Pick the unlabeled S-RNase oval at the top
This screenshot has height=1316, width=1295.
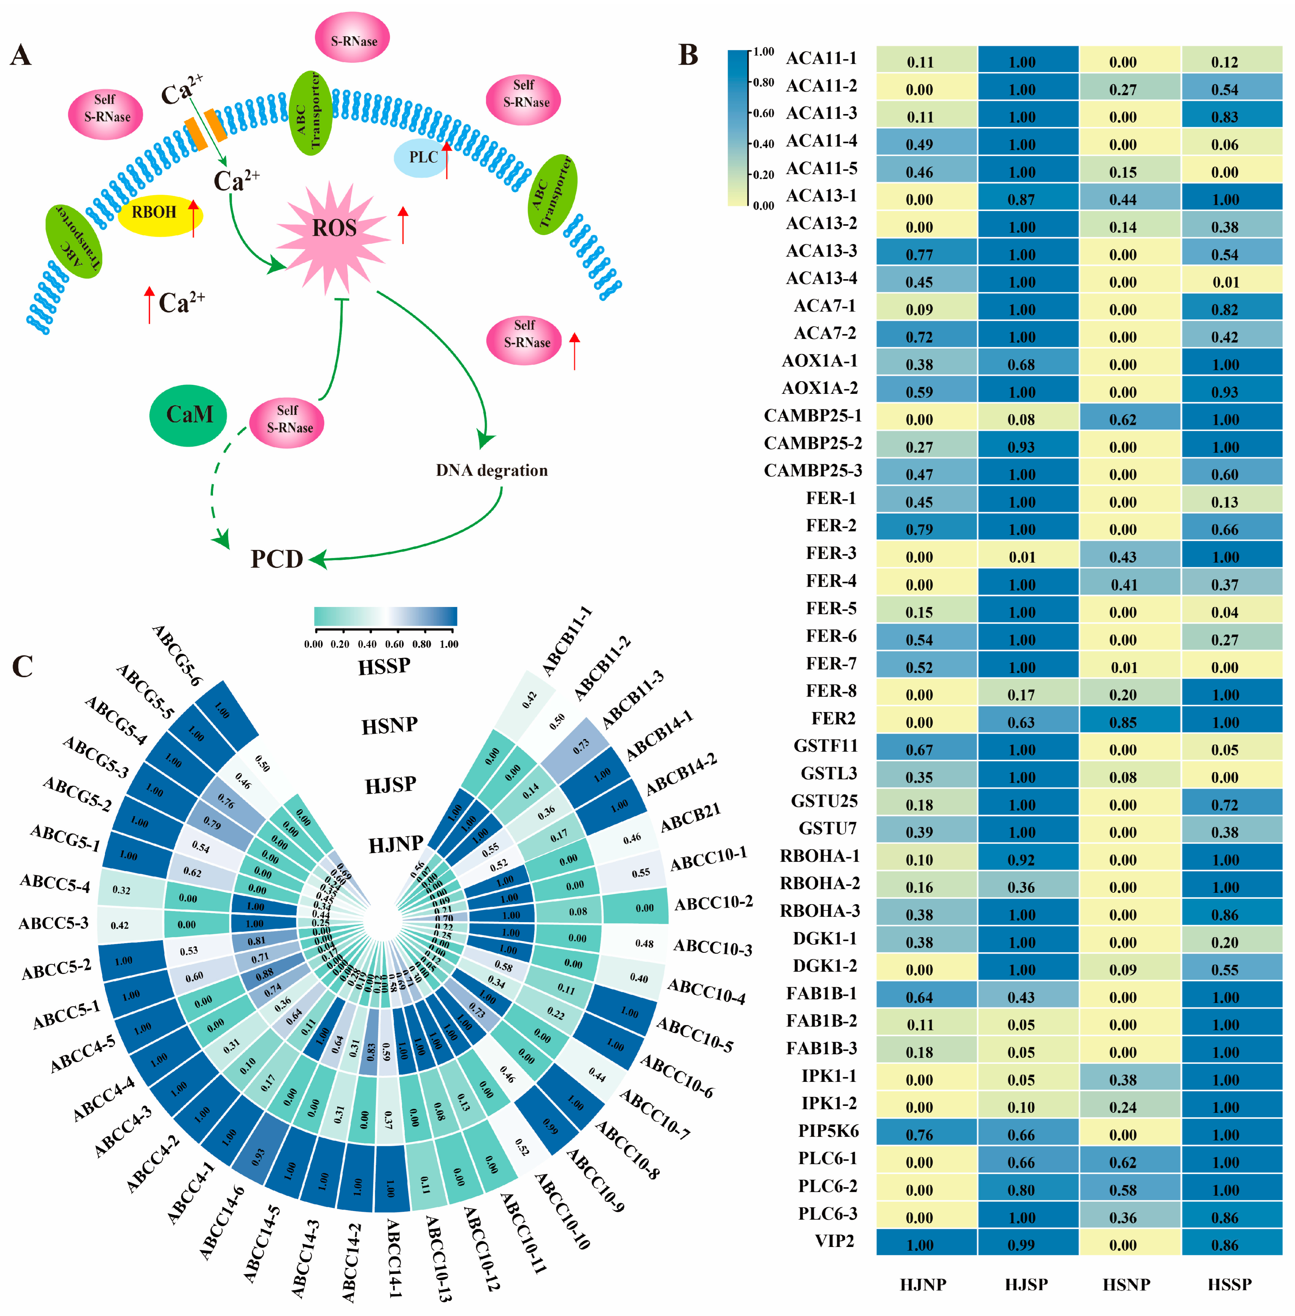click(352, 39)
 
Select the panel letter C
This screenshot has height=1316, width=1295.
click(22, 667)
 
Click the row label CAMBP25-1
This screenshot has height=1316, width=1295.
click(813, 416)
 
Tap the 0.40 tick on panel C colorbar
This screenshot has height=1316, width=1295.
click(367, 644)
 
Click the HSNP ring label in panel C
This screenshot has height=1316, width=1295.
click(389, 726)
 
